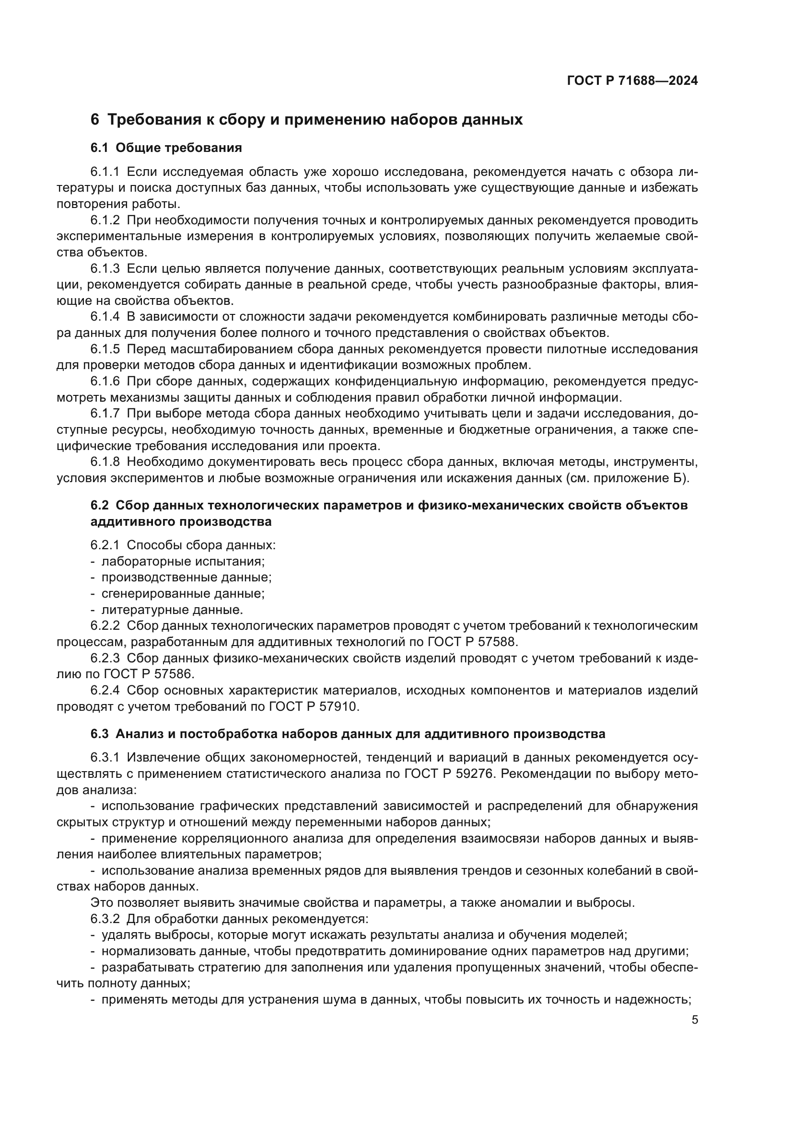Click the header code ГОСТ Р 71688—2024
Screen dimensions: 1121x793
click(632, 81)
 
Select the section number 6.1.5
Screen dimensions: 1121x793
click(105, 349)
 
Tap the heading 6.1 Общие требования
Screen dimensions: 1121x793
click(166, 148)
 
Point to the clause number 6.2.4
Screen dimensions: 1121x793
click(105, 690)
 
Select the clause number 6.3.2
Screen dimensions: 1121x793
click(105, 919)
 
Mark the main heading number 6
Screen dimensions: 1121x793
click(95, 120)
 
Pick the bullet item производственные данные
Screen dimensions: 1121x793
click(186, 577)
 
